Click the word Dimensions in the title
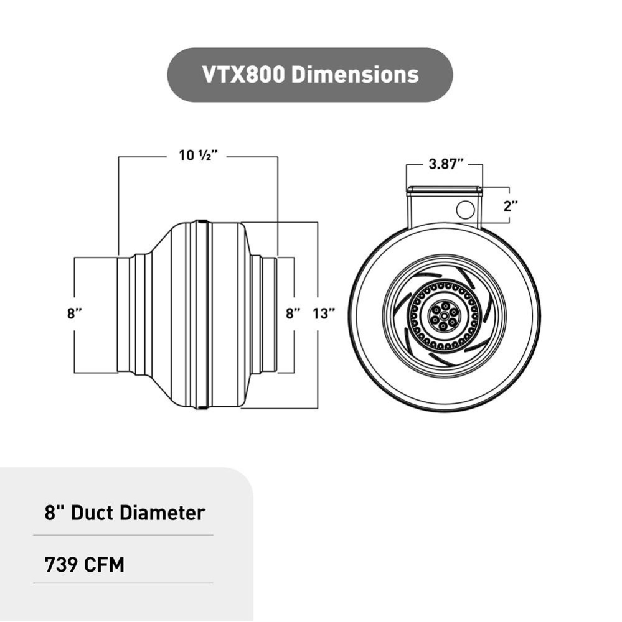355,75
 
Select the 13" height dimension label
324,314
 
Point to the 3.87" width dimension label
446,165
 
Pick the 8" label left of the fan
75,314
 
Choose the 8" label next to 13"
293,314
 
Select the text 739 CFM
85,565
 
